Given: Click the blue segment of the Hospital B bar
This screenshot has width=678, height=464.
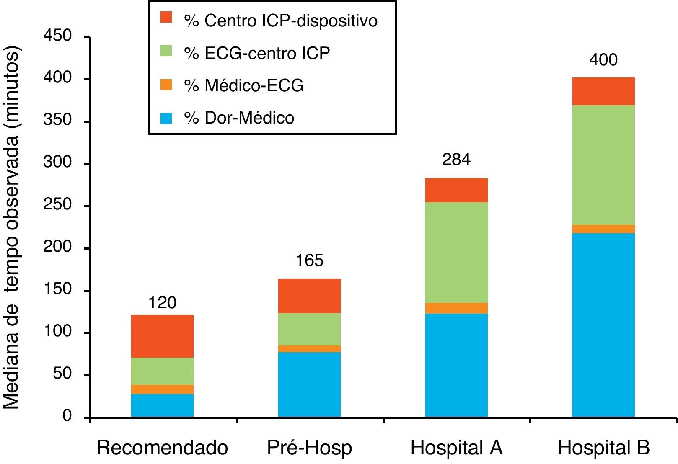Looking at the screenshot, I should [x=603, y=325].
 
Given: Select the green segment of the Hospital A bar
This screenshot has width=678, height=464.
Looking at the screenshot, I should [x=456, y=253].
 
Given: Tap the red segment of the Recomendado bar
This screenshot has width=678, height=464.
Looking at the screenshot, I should [x=162, y=336].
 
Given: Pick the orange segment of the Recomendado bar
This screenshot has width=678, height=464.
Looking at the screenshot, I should [x=162, y=389].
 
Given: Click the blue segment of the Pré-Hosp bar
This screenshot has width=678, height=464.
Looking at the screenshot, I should [x=309, y=384].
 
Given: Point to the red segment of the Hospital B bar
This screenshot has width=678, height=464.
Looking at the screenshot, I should [x=603, y=91].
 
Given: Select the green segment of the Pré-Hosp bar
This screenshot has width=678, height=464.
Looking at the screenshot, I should [x=309, y=329].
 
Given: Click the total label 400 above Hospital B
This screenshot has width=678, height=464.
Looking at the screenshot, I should [x=603, y=60].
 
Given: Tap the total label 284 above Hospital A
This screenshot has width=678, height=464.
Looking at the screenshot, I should [x=456, y=160].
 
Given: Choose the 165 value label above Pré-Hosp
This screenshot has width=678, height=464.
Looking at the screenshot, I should [x=309, y=261].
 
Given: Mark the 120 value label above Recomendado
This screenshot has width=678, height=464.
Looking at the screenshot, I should [x=162, y=302].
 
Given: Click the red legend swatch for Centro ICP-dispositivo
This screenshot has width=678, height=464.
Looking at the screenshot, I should [x=166, y=18].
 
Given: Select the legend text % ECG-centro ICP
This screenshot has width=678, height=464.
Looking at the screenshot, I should [x=257, y=53].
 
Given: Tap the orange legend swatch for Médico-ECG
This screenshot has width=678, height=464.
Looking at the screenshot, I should [x=166, y=85].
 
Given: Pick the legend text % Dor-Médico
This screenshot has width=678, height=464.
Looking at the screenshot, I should [x=239, y=118].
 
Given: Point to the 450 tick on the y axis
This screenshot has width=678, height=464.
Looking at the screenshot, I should [x=57, y=36].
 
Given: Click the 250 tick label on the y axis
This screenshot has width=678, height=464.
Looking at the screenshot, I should [x=57, y=205].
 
